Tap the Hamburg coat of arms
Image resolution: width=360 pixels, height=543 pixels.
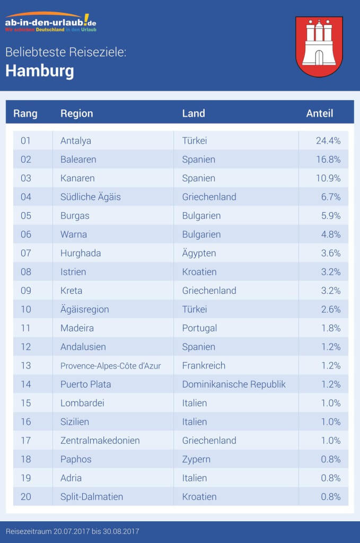coord(319,46)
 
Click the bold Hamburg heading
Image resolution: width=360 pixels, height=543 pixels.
coord(40,71)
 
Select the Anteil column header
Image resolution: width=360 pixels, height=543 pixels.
coord(320,113)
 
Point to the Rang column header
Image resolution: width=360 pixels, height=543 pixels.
coord(25,113)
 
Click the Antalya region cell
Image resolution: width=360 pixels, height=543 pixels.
coord(76,141)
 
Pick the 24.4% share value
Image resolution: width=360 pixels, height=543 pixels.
coord(328,141)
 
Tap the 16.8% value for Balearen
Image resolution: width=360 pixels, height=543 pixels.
coord(328,159)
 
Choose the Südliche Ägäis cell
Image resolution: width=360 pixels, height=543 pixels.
coord(91,197)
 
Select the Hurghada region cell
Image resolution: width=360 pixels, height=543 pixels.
coord(81,253)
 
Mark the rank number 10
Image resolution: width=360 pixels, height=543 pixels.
coord(26,309)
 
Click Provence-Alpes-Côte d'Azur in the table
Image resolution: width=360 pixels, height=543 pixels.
coord(110,365)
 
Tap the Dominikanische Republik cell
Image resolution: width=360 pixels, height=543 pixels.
coord(234,384)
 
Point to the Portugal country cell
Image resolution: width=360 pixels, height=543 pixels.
coord(199,328)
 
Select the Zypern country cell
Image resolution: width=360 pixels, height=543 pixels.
coord(196,459)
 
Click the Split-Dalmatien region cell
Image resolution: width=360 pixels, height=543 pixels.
coord(92,497)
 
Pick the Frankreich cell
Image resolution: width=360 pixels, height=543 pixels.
coord(204,365)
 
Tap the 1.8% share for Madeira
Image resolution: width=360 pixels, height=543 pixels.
coord(330,328)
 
